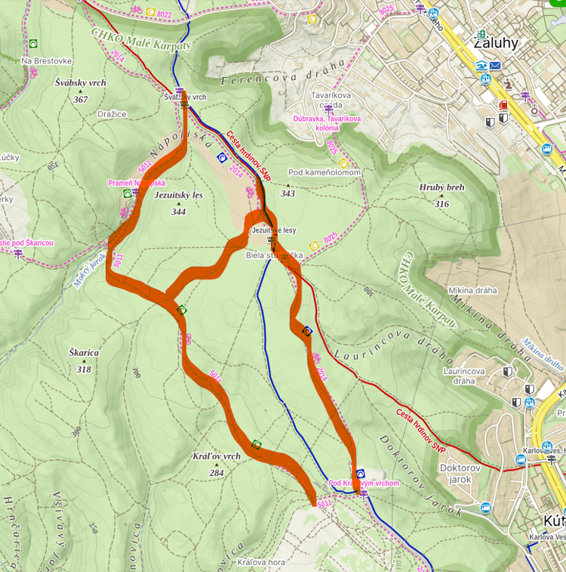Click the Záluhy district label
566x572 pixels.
(495, 42)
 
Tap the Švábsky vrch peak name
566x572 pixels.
(81, 83)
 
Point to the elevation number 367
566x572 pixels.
(81, 99)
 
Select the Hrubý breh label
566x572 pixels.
(441, 187)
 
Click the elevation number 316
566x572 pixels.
(441, 203)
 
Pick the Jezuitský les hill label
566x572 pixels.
(178, 195)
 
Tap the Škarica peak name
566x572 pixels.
(83, 353)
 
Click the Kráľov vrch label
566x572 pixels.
(217, 456)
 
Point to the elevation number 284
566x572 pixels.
(217, 473)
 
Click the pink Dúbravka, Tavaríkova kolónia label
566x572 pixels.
(328, 123)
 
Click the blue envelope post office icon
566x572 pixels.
(495, 66)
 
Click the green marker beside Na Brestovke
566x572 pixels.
(33, 43)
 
